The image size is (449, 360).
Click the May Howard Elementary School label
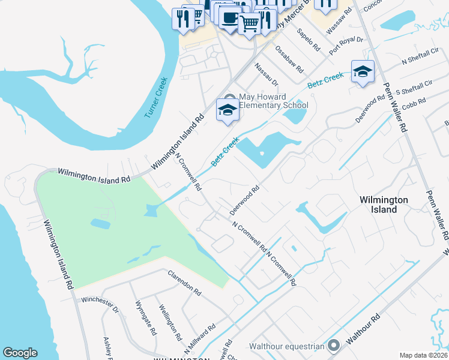point(274,101)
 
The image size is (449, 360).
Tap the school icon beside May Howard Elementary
point(228,110)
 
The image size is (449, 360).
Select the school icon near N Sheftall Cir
point(363,72)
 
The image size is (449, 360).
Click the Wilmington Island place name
point(384,205)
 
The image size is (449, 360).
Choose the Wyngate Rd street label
point(146,317)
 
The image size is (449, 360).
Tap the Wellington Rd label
point(170,322)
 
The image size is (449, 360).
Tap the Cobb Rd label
point(414,101)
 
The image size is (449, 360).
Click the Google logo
point(20,353)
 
